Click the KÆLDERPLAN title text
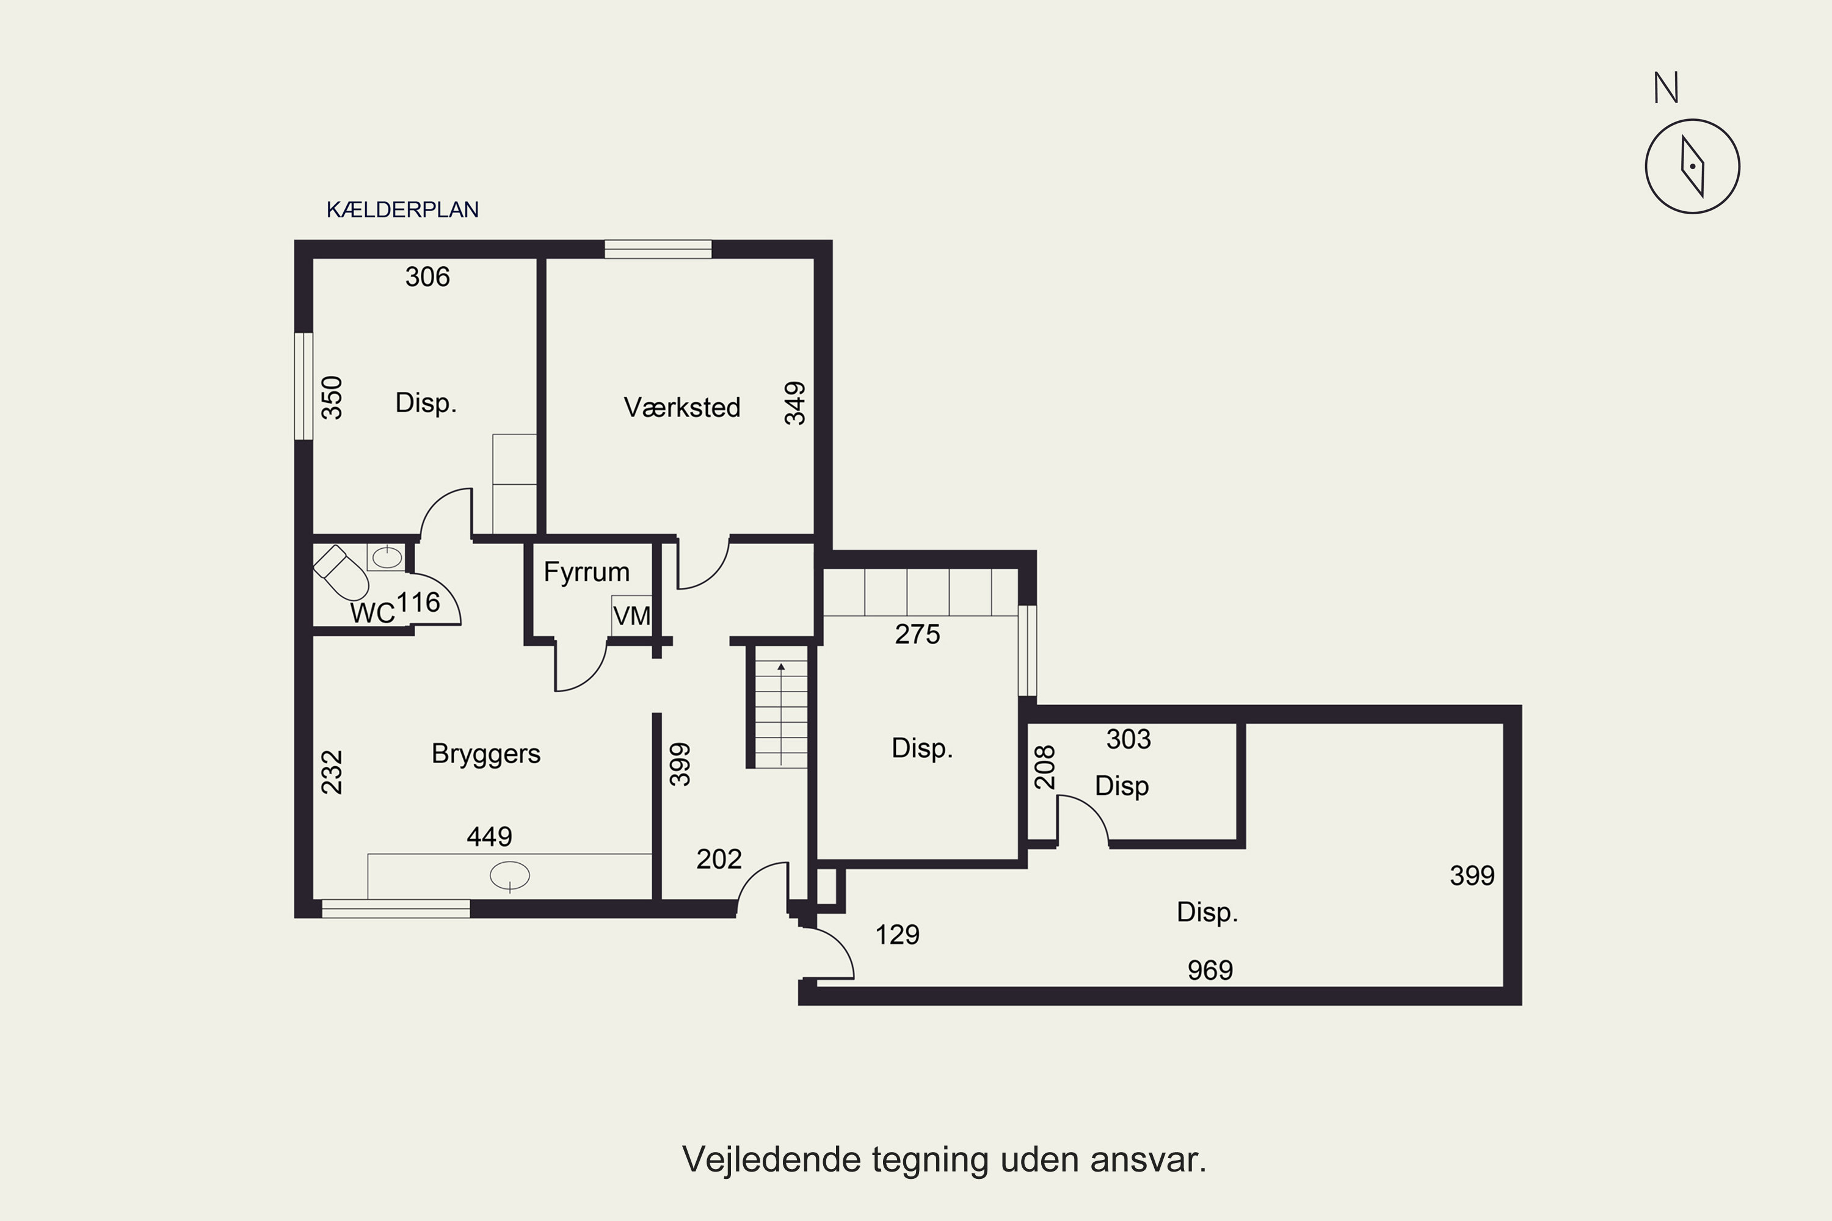tap(402, 209)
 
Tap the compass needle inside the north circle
tap(1693, 167)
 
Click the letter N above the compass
tap(1666, 88)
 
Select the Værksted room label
tap(682, 407)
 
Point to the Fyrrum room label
tap(586, 573)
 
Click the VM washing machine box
tap(631, 616)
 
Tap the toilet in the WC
tap(341, 573)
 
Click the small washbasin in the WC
tap(387, 557)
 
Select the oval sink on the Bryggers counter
tap(509, 875)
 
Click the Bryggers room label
tap(486, 754)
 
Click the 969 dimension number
tap(1210, 970)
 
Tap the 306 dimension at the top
tap(427, 277)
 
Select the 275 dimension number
tap(918, 635)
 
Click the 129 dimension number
tap(897, 935)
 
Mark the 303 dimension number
tap(1129, 739)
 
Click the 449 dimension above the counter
tap(489, 836)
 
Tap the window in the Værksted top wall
tap(658, 249)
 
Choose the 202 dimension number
tap(719, 859)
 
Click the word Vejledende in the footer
tap(772, 1159)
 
